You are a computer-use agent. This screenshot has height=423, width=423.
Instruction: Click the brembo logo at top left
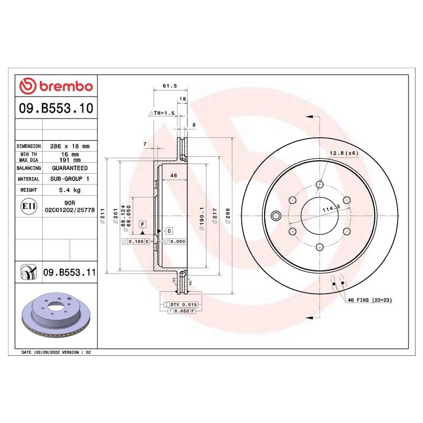pyautogui.click(x=56, y=87)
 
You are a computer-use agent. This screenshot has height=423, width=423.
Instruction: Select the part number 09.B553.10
pyautogui.click(x=56, y=108)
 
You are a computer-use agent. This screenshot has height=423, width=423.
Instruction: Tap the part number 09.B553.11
pyautogui.click(x=69, y=272)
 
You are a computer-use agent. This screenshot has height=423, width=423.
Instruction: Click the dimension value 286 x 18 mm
pyautogui.click(x=70, y=146)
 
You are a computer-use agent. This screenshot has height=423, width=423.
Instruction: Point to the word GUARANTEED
pyautogui.click(x=70, y=168)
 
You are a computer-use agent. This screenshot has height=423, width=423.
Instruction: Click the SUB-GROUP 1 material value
pyautogui.click(x=70, y=179)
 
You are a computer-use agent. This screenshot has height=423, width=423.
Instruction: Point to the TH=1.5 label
pyautogui.click(x=162, y=113)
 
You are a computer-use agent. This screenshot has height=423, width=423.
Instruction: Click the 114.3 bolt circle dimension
pyautogui.click(x=330, y=210)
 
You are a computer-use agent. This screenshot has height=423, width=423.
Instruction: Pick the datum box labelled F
pyautogui.click(x=142, y=224)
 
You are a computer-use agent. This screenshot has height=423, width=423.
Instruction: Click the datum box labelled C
pyautogui.click(x=169, y=231)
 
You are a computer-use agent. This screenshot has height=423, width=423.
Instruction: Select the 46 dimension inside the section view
pyautogui.click(x=174, y=176)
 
